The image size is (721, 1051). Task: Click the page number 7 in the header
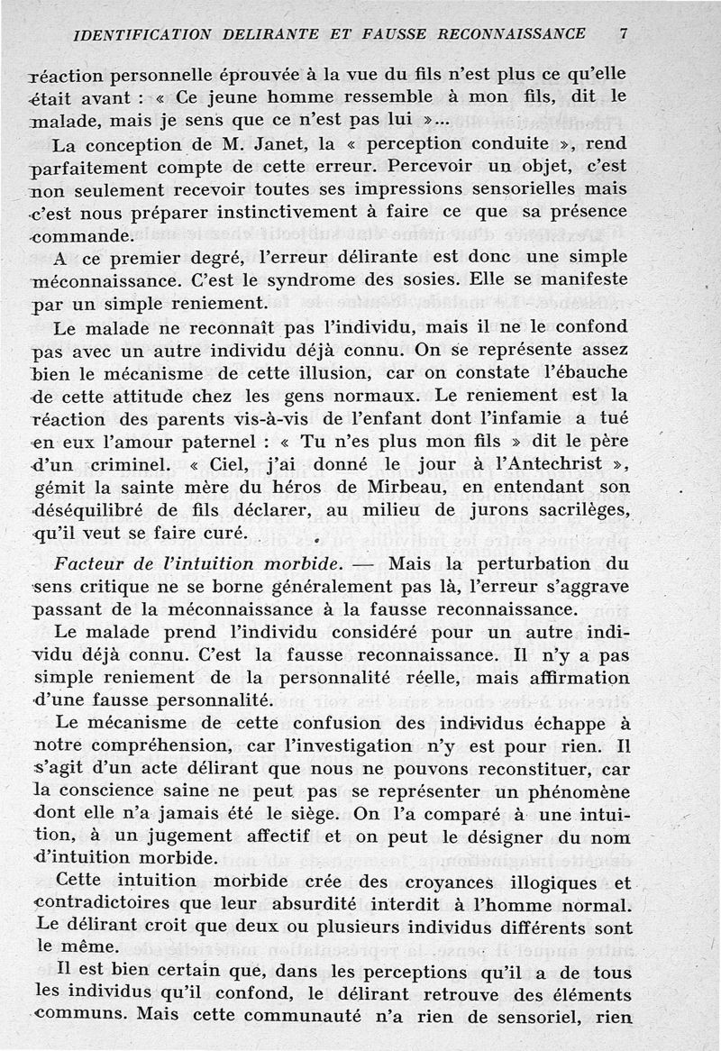623,33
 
